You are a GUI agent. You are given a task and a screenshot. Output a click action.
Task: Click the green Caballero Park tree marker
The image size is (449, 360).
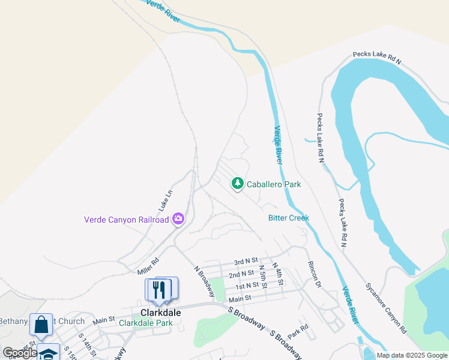coord(238,184)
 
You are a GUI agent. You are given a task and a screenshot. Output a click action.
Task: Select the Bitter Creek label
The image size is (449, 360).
coord(288,218)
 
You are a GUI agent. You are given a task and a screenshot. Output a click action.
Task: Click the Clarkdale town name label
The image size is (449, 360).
coord(161,313)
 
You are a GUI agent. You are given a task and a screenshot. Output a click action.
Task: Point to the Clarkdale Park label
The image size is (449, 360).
coord(146,323)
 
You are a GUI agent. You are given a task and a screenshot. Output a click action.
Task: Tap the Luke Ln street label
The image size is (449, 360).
coord(166,200)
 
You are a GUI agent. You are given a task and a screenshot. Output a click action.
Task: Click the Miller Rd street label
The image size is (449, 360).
coord(148,267)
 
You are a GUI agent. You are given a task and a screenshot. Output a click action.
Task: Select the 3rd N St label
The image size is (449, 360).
coord(246,262)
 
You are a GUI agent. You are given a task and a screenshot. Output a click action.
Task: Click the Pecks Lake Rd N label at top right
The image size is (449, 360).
coord(376,57)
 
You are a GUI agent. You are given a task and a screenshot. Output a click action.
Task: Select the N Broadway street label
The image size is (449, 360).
coord(205,281)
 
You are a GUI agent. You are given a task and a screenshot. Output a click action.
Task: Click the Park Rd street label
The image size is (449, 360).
coord(297,331)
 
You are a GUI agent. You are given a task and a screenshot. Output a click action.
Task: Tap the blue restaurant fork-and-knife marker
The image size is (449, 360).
coord(158,289)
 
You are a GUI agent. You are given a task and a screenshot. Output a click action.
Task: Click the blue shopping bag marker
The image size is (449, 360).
coord(41,325)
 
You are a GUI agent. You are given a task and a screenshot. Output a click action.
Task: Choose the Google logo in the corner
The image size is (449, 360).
coord(20,353)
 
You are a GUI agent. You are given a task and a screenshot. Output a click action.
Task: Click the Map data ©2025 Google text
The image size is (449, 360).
coord(412,355)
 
